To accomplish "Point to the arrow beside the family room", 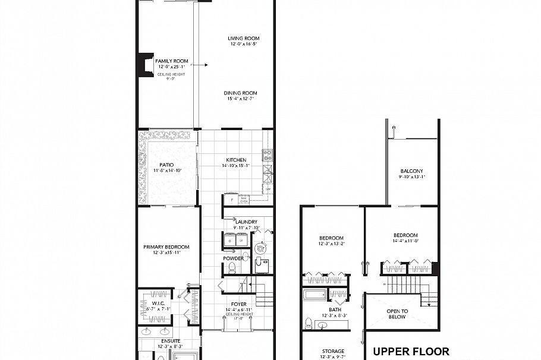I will (204, 64).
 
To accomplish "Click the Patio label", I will (166, 166).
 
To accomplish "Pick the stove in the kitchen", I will (268, 156).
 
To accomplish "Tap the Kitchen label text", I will (236, 160).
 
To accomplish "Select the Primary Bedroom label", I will (166, 247).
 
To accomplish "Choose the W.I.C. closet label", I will (158, 293).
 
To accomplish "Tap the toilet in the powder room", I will (233, 269).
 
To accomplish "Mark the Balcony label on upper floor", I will (411, 171).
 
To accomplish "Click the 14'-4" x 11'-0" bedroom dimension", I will (405, 241).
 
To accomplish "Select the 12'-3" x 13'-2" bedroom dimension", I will (332, 243).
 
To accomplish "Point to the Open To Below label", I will (397, 314).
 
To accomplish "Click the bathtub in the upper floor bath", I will (314, 295).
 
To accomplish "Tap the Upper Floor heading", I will (410, 351).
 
